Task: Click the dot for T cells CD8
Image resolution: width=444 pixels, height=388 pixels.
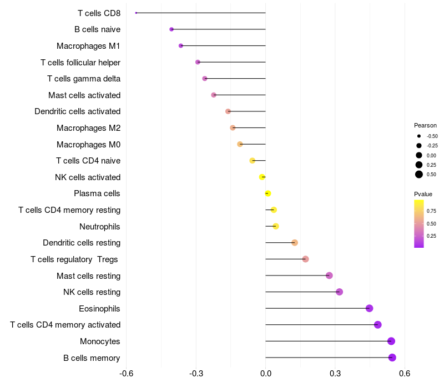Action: pos(136,13)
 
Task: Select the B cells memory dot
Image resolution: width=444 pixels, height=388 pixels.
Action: pos(392,358)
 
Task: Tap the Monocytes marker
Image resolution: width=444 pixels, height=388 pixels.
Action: pos(391,341)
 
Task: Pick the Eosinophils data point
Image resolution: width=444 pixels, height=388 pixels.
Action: pos(369,308)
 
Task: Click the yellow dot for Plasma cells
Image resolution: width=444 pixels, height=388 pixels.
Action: pos(268,193)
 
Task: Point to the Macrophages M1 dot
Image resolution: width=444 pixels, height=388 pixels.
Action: pos(181,45)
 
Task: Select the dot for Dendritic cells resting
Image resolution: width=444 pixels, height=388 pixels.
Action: pos(295,243)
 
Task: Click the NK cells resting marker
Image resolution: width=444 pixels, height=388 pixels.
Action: pos(339,292)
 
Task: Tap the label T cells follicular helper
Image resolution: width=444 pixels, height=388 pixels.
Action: pos(80,63)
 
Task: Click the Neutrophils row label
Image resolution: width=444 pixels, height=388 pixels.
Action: pos(100,227)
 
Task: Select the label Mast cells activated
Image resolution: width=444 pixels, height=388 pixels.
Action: pos(84,95)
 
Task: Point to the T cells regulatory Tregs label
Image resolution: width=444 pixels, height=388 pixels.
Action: pos(74,259)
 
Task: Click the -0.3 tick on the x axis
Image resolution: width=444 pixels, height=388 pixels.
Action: pos(196,374)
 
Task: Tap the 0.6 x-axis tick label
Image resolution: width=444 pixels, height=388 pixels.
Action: pos(405,374)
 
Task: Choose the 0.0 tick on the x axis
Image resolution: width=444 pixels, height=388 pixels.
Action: pos(266,374)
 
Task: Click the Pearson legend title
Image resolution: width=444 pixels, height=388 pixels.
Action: pos(425,125)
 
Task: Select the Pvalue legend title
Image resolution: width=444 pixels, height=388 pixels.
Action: pos(423,194)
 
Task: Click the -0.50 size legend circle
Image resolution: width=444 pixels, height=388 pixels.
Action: pos(419,136)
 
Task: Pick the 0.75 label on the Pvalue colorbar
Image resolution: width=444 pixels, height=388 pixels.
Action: pos(431,211)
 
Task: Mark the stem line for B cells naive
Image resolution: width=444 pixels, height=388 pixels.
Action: pos(219,29)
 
